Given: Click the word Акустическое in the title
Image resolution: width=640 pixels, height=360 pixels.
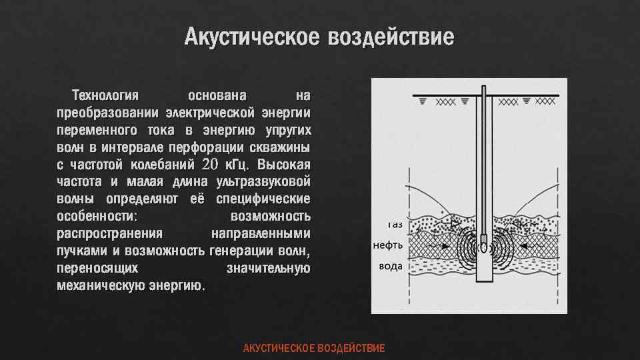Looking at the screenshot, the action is (x=252, y=37).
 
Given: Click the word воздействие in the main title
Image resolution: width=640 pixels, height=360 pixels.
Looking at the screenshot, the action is (x=390, y=37).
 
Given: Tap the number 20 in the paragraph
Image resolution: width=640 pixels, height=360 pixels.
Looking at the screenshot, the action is (x=209, y=164).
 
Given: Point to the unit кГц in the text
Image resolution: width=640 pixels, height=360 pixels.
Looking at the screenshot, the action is (x=236, y=164).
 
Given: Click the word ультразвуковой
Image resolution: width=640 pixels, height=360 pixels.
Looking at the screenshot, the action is (x=261, y=181).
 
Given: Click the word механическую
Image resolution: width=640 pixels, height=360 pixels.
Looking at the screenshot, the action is (x=99, y=286).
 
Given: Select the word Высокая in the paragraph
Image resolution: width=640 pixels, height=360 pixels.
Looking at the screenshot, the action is (x=283, y=164).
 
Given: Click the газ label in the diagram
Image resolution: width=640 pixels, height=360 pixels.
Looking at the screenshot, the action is (x=395, y=225).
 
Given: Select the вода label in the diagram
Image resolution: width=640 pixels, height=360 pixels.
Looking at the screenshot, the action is (x=390, y=265).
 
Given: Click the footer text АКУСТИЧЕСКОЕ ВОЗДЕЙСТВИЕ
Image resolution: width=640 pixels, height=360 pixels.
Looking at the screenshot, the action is (x=314, y=349).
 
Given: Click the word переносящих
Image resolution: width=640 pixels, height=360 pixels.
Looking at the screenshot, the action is (x=98, y=269).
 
